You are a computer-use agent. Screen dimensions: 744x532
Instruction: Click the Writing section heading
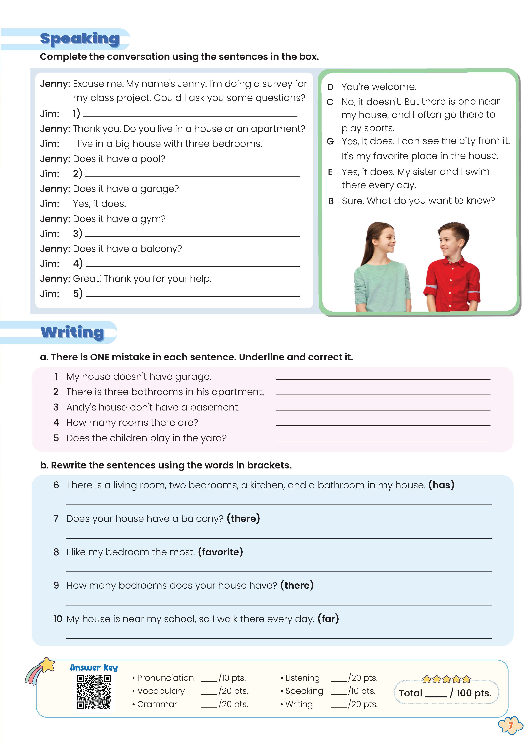[x=72, y=332]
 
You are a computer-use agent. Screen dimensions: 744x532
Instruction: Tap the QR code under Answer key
[x=94, y=692]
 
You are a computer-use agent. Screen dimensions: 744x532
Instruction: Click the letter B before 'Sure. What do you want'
[x=331, y=201]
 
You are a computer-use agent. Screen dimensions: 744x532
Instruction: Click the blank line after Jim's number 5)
[x=193, y=295]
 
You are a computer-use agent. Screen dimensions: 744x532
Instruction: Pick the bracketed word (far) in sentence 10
[x=328, y=619]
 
